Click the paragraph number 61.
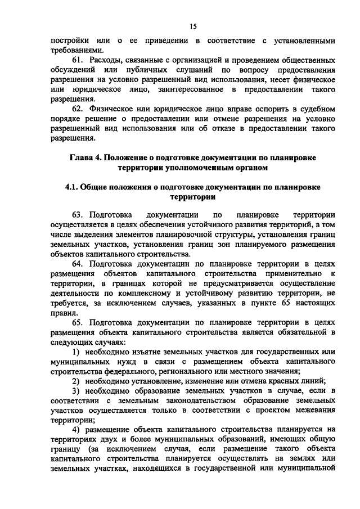[x=79, y=60]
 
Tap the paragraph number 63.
[x=79, y=215]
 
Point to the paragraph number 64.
[x=79, y=263]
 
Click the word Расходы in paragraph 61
[x=109, y=60]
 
